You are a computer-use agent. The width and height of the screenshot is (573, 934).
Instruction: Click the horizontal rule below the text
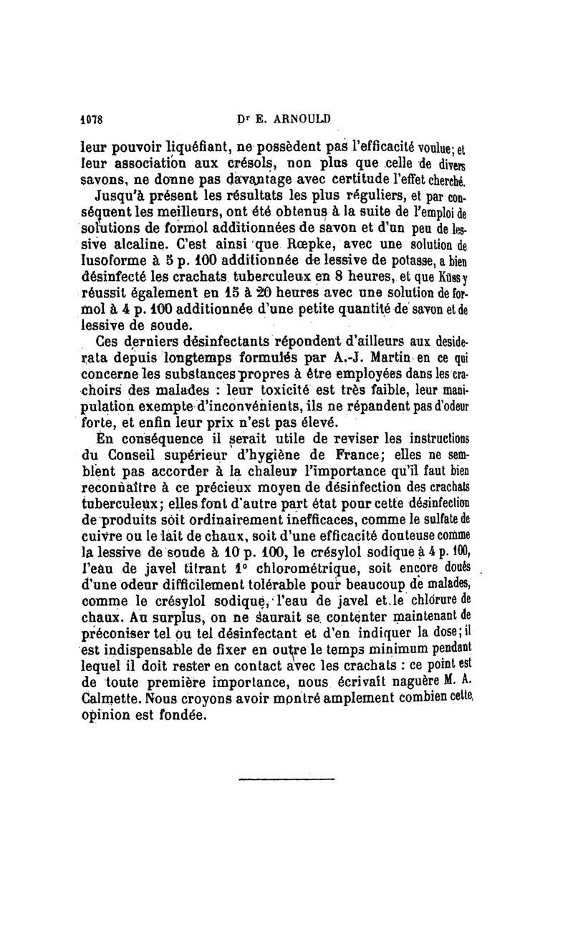click(286, 779)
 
